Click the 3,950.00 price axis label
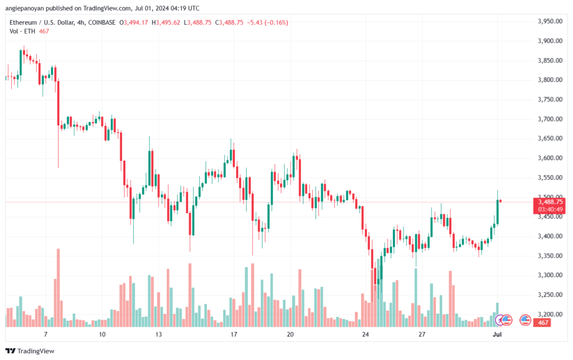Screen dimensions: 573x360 tap(550, 21)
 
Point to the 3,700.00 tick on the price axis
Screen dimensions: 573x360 tap(550, 119)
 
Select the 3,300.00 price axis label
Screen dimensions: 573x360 tap(550, 275)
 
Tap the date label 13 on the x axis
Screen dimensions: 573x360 tap(158, 334)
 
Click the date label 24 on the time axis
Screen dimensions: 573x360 tap(365, 334)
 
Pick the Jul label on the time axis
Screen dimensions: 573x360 tap(497, 334)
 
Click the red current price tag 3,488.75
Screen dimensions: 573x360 tap(551, 202)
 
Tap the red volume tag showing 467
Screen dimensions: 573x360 tap(543, 322)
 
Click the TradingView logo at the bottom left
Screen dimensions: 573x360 tap(30, 351)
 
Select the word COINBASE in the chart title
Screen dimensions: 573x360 tap(102, 22)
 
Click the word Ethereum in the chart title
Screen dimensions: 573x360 tap(23, 22)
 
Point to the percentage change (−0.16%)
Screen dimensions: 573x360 tap(276, 22)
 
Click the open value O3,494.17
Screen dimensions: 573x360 tap(133, 22)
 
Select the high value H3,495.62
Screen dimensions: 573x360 tap(166, 22)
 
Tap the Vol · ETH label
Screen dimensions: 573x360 tap(22, 31)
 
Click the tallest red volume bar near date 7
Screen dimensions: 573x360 tap(58, 288)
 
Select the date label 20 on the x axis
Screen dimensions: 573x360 tap(290, 334)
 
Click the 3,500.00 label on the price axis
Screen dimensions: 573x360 tap(550, 197)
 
